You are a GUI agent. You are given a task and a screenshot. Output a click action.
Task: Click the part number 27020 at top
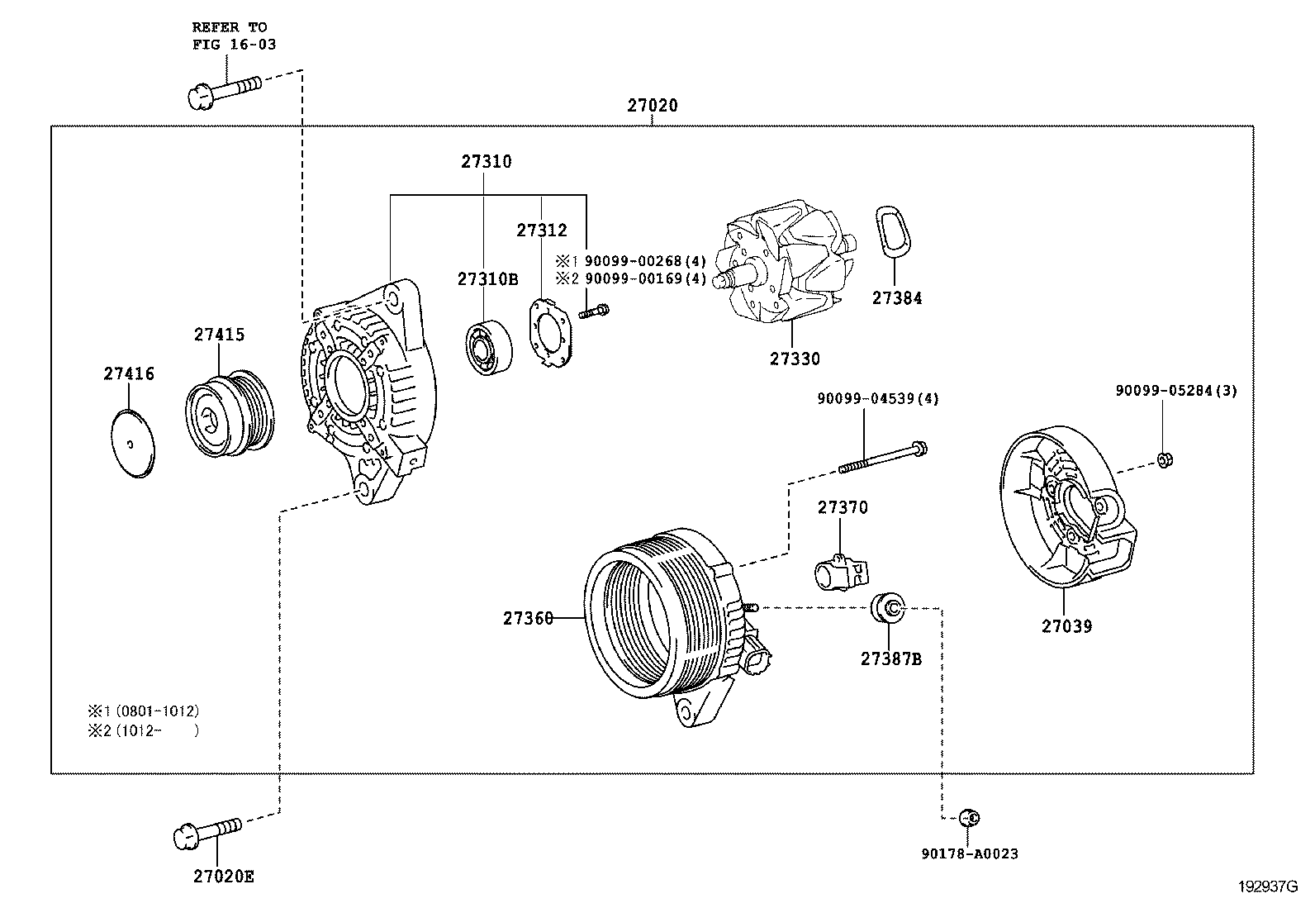coord(652,106)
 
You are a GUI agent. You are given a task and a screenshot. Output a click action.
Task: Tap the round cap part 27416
coord(133,444)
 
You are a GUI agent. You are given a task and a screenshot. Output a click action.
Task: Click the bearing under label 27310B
coord(487,346)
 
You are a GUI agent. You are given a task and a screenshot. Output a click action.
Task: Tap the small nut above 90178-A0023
coord(969,818)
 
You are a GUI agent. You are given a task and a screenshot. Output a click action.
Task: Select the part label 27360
coord(528,617)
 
